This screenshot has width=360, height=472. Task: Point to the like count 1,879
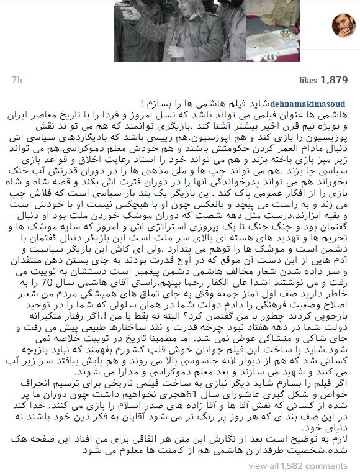pos(334,80)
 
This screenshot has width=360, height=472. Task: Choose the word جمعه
pos(236,277)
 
